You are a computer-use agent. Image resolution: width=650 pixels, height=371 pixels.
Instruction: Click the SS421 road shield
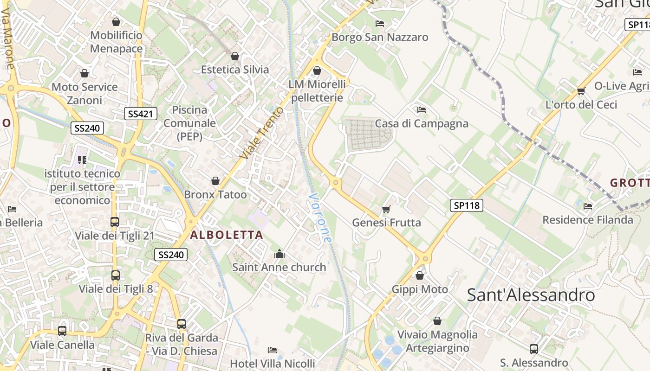point(141,114)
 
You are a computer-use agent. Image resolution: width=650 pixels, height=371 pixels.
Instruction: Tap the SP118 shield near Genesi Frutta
point(466,205)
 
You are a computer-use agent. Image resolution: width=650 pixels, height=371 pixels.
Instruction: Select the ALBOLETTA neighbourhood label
point(227,235)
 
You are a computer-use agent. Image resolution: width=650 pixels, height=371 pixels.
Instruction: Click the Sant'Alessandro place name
point(531,295)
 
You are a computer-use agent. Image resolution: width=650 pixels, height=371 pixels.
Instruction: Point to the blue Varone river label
point(320,218)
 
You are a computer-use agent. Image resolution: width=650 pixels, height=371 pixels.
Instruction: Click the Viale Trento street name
point(262,133)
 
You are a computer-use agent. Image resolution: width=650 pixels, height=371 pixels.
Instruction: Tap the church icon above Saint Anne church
point(279,254)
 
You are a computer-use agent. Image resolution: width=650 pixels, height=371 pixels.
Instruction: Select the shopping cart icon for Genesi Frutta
point(386,210)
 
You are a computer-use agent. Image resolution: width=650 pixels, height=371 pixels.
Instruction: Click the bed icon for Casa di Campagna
point(422,110)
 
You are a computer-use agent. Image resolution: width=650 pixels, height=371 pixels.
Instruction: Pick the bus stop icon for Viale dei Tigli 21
point(115,222)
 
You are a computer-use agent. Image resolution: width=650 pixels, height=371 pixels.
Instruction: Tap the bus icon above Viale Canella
point(62,331)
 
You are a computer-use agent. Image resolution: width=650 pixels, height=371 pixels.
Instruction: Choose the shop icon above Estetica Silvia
point(235,56)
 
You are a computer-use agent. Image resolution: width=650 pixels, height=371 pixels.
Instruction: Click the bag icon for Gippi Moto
point(420,276)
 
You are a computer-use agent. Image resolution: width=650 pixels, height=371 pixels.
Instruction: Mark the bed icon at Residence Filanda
point(588,206)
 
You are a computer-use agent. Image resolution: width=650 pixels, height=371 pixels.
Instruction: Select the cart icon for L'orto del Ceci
point(581,91)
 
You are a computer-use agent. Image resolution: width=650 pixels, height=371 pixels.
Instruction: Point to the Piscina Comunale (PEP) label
point(189,123)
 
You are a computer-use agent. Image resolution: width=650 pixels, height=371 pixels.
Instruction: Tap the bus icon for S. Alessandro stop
point(534,349)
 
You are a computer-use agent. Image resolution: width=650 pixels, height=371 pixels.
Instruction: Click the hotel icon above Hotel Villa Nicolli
point(273,350)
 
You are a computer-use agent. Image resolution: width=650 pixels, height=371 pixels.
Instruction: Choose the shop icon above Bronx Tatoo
point(215,181)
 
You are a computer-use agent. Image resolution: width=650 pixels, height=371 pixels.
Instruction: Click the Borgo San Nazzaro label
point(380,37)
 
